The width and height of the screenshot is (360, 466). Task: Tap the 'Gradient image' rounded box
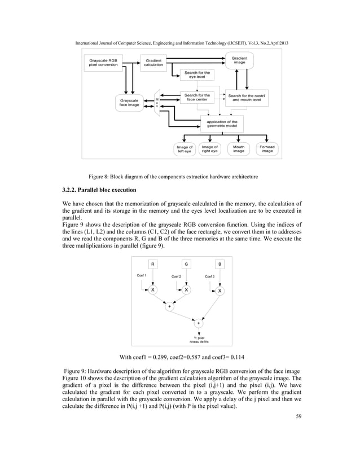pos(239,60)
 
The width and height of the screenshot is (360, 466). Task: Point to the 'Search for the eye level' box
pos(197,75)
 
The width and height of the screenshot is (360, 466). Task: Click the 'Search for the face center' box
pos(197,98)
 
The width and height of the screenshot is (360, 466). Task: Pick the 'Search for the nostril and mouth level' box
pos(250,98)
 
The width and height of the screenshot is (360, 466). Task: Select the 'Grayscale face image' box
pos(130,103)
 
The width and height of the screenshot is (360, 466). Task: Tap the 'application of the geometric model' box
pos(222,124)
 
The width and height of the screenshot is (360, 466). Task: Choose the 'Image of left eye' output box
pos(184,150)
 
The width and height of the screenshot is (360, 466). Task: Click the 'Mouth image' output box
pos(239,150)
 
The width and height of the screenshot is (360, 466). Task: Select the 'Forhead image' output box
pos(266,150)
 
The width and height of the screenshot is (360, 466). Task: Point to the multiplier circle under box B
pos(220,291)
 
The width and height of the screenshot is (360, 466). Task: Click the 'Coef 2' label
pos(176,277)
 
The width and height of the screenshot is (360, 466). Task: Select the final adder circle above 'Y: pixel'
pos(199,323)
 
